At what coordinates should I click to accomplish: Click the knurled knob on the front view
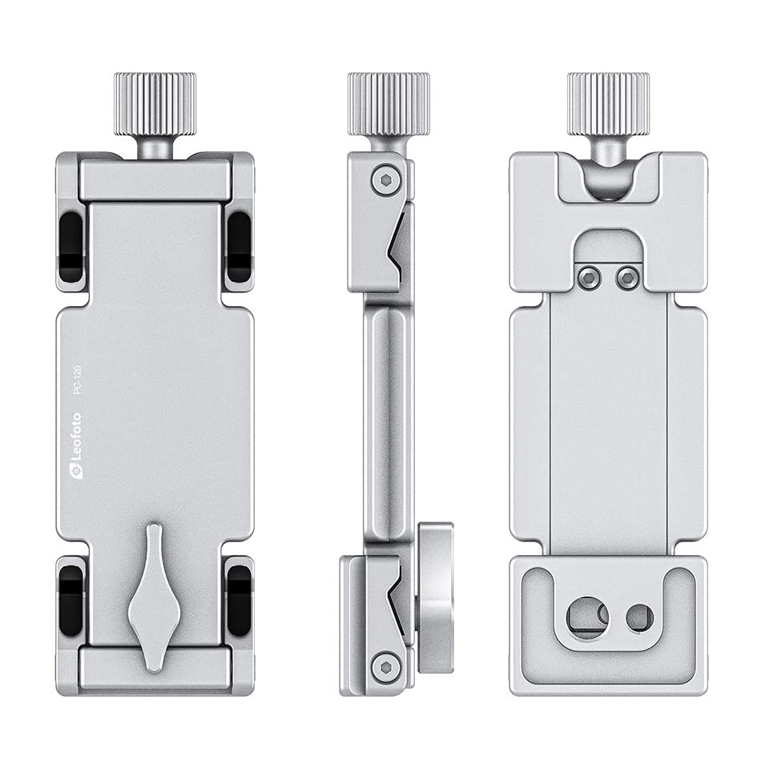pyautogui.click(x=155, y=104)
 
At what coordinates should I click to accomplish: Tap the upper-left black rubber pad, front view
pyautogui.click(x=71, y=247)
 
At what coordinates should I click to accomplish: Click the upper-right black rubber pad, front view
pyautogui.click(x=239, y=247)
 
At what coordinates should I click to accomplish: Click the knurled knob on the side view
pyautogui.click(x=389, y=104)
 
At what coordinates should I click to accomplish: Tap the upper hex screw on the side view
pyautogui.click(x=385, y=179)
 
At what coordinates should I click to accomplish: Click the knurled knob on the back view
pyautogui.click(x=608, y=104)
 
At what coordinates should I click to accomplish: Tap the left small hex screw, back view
pyautogui.click(x=590, y=278)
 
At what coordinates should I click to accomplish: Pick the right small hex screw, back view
pyautogui.click(x=628, y=278)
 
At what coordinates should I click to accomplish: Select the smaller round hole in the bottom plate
pyautogui.click(x=639, y=617)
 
